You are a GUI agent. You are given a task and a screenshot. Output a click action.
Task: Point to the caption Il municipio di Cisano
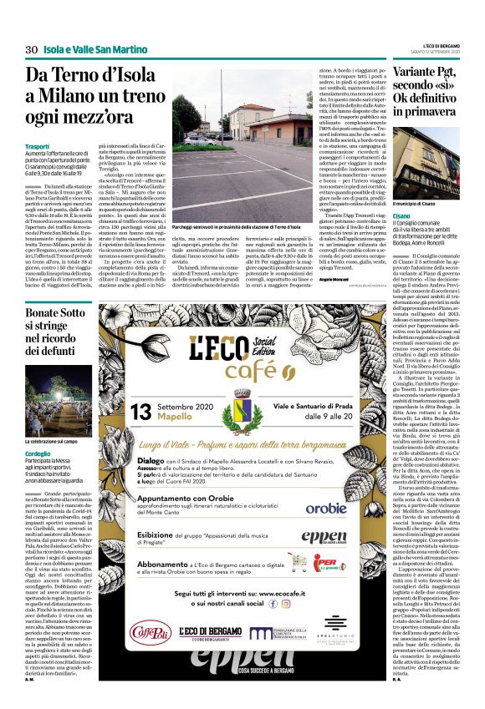(x=420, y=203)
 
